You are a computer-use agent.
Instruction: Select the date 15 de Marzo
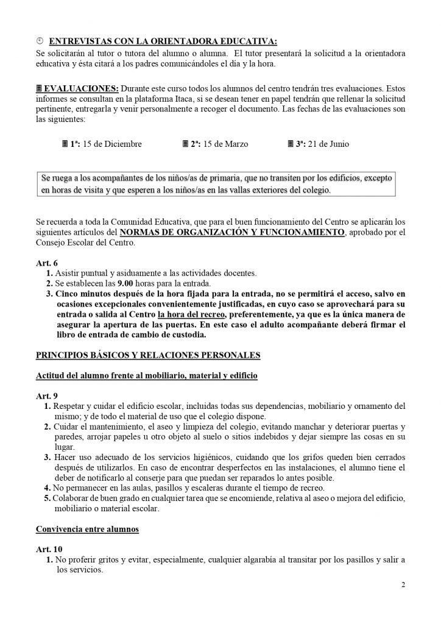pos(225,144)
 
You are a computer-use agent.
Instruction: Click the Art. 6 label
pos(46,263)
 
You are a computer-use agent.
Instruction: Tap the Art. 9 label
pos(46,395)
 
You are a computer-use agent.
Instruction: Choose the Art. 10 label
pos(48,549)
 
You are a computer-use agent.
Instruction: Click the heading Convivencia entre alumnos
pos(88,530)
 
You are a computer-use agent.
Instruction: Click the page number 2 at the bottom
pos(403,586)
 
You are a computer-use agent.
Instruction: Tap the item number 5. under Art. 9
pos(48,498)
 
